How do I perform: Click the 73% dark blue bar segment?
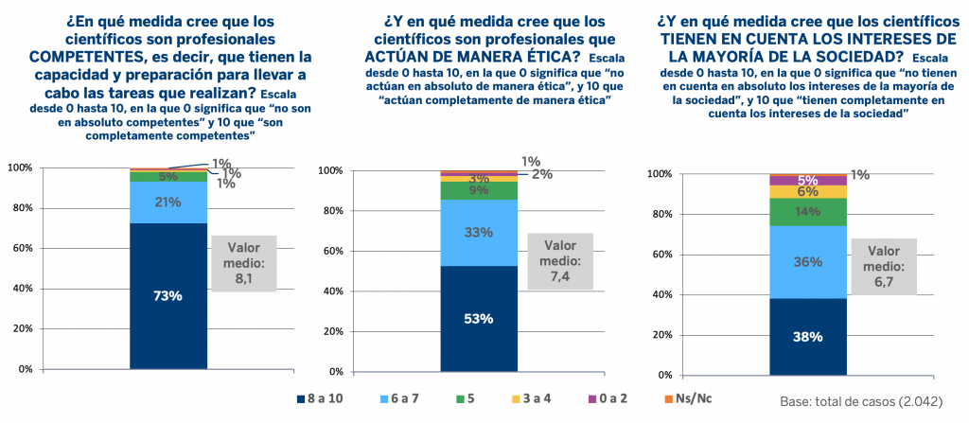168,296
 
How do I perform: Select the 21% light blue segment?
168,203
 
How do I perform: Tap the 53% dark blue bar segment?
479,318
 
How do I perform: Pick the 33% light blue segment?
479,233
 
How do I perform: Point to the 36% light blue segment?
807,262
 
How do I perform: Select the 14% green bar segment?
807,212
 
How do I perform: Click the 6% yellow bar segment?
807,191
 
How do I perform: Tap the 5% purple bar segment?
807,180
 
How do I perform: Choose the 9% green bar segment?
479,190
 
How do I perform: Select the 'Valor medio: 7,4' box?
560,260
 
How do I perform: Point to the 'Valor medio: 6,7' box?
884,267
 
